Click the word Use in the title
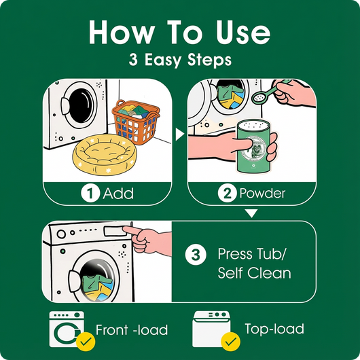pos(243,33)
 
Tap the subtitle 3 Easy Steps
pos(180,60)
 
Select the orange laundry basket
pos(136,122)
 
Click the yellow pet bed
pos(105,154)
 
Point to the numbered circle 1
pos(90,193)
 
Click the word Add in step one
pos(118,194)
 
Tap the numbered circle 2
pos(227,193)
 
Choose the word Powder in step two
pos(262,194)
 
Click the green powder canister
pos(253,146)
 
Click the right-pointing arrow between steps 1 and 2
pos(180,134)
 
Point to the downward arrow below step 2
pos(251,213)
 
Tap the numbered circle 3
pos(196,255)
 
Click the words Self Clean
pos(255,273)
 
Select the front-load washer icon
pos(67,329)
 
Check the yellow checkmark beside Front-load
pos(86,342)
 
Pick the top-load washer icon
pos(211,329)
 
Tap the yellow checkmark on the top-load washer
pos(230,342)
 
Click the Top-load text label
pos(274,329)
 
